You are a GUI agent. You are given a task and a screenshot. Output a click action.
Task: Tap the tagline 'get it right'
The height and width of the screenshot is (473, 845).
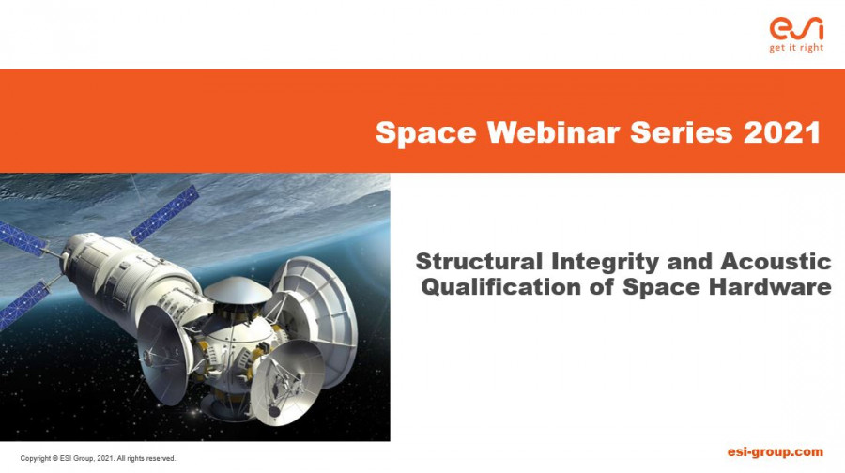pyautogui.click(x=796, y=48)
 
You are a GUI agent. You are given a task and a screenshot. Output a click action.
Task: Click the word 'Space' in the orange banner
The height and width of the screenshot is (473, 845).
pyautogui.click(x=425, y=132)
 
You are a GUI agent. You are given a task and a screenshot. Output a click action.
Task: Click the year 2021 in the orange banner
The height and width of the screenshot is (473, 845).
pyautogui.click(x=782, y=131)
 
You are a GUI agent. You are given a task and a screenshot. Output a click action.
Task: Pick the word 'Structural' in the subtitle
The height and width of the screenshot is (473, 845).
pyautogui.click(x=479, y=262)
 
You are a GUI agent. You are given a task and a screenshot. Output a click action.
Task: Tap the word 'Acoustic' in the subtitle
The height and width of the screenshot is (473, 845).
pyautogui.click(x=776, y=262)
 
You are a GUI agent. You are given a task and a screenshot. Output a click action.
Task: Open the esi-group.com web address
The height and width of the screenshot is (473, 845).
pyautogui.click(x=775, y=452)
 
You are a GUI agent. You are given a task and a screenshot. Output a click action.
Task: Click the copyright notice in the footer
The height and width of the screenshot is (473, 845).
pyautogui.click(x=98, y=459)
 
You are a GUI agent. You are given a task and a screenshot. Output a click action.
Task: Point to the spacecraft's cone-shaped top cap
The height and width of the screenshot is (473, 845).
pyautogui.click(x=238, y=289)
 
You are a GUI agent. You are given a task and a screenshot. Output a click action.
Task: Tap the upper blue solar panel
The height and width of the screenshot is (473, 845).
pyautogui.click(x=164, y=214)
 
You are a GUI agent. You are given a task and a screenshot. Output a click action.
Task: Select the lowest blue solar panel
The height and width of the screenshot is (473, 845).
pyautogui.click(x=24, y=304)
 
